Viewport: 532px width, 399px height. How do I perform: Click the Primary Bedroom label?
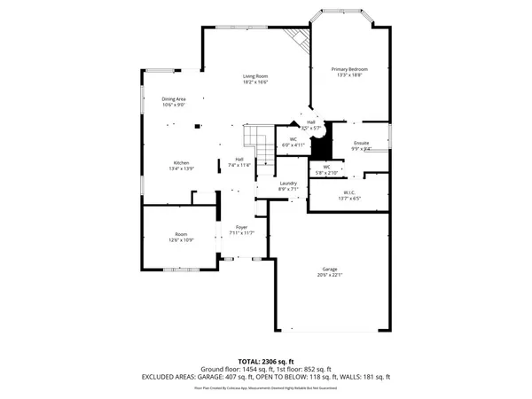(349, 69)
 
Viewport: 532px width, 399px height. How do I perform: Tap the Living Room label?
(256, 76)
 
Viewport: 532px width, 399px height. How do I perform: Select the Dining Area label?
(174, 98)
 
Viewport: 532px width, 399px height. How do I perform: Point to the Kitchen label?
(181, 163)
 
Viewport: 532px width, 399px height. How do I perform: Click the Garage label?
(330, 269)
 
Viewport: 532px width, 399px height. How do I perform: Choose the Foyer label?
(242, 227)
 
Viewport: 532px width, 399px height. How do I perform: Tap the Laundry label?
(288, 183)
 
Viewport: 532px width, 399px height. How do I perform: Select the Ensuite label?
(361, 143)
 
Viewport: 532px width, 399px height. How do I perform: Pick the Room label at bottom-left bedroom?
(180, 234)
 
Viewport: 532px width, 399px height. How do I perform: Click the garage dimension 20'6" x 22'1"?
(330, 275)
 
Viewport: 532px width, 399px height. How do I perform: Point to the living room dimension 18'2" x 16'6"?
(256, 82)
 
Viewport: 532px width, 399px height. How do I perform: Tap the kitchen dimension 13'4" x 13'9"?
(181, 168)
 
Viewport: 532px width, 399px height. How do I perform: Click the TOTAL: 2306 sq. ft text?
(266, 361)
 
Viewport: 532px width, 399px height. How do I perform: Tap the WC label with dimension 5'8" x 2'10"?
(326, 166)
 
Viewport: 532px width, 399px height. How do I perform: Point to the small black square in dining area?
(198, 127)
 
